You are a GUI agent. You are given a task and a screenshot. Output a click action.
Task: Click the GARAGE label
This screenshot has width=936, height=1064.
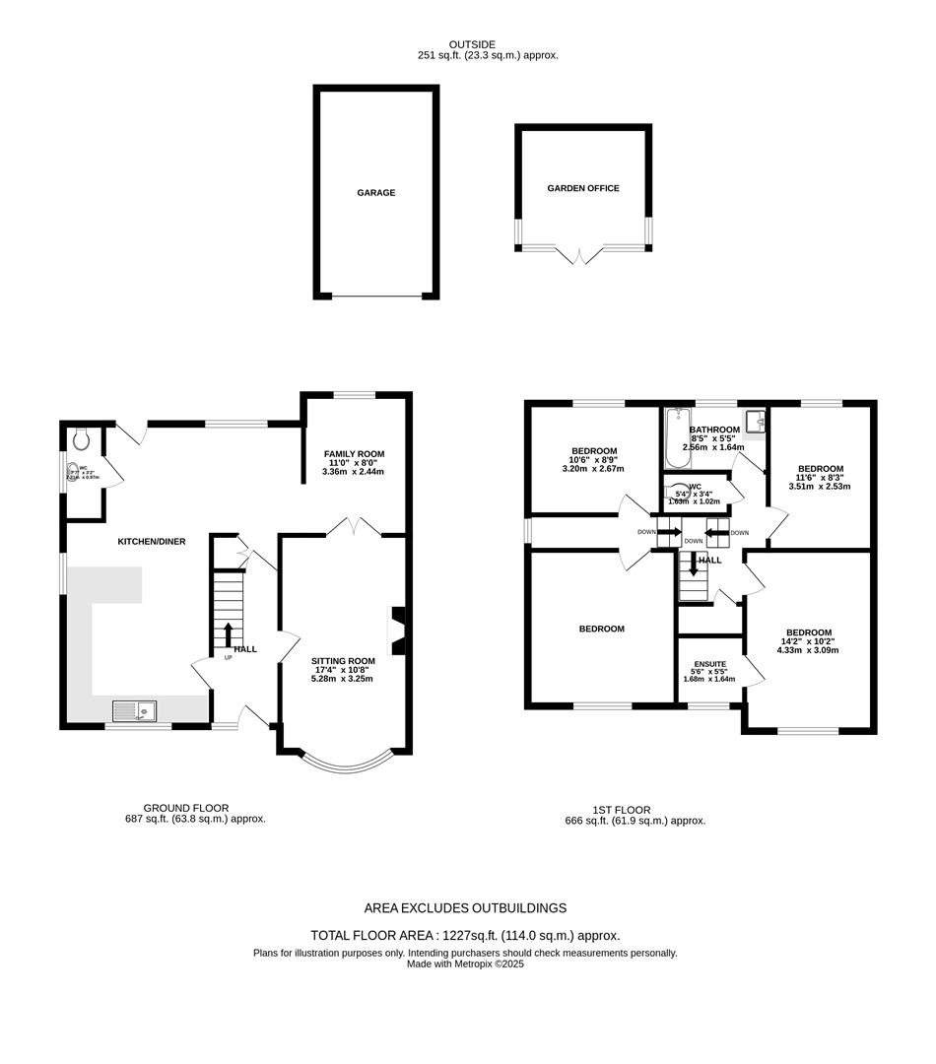pyautogui.click(x=375, y=193)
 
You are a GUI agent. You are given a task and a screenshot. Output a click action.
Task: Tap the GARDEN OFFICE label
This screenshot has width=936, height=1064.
pyautogui.click(x=583, y=188)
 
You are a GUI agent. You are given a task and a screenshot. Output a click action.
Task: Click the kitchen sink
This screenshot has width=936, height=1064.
pyautogui.click(x=133, y=708)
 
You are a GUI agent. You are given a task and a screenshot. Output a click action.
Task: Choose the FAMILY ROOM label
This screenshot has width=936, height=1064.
pyautogui.click(x=356, y=453)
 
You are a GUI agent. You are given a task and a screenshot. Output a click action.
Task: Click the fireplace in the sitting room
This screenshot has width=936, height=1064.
pyautogui.click(x=397, y=631)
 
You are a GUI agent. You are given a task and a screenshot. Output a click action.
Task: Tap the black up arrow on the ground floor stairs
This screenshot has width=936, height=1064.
pyautogui.click(x=229, y=633)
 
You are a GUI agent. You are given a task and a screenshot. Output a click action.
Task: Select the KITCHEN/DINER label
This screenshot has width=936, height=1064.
pyautogui.click(x=152, y=541)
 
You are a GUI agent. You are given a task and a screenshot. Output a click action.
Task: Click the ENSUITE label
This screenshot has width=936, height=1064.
pyautogui.click(x=709, y=664)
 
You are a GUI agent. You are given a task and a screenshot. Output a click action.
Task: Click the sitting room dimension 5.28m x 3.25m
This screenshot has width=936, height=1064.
pyautogui.click(x=343, y=679)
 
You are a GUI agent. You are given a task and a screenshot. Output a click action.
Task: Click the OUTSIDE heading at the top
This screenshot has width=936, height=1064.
pyautogui.click(x=472, y=44)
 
